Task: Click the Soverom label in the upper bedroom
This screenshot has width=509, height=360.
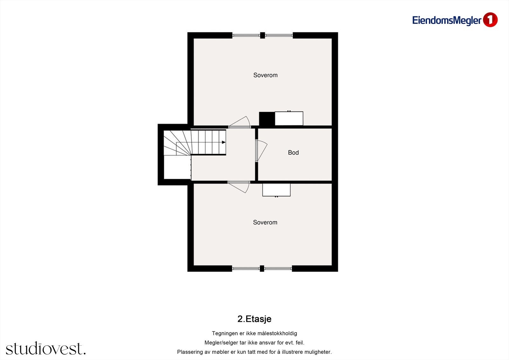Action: point(265,75)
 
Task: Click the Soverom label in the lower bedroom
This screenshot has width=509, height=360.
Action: point(265,222)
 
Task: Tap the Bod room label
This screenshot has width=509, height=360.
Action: point(293,153)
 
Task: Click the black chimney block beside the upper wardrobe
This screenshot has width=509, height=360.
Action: point(267,119)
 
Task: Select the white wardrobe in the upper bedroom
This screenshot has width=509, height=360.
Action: point(289,119)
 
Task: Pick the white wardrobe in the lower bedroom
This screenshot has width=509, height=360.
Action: point(276,190)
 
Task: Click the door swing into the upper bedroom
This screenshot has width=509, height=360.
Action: point(241,122)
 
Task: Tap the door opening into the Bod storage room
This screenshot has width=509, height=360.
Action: point(261,151)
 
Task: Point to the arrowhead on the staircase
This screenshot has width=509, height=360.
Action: point(224,142)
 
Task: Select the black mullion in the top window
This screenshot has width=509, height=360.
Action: point(262,35)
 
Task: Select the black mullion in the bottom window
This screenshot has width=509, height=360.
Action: point(262,269)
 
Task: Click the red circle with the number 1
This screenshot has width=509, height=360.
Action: point(490,20)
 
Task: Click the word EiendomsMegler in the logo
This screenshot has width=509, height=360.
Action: point(447,20)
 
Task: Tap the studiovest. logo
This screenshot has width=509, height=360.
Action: point(45,349)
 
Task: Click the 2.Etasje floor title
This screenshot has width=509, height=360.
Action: point(254,319)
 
